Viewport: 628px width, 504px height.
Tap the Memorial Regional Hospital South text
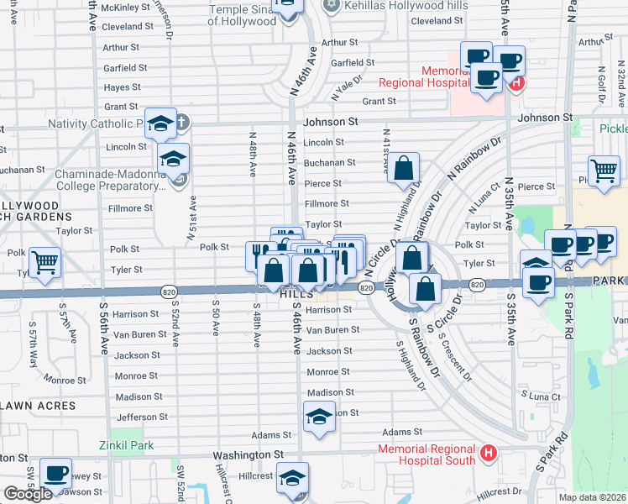[427, 454]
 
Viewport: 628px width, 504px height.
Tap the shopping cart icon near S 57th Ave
[44, 261]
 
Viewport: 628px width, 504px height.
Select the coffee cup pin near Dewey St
[55, 475]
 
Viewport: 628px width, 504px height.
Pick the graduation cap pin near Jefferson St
[319, 417]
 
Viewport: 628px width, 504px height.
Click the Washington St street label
[248, 454]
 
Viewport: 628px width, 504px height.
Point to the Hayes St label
[122, 87]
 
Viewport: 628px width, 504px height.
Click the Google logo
[28, 494]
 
